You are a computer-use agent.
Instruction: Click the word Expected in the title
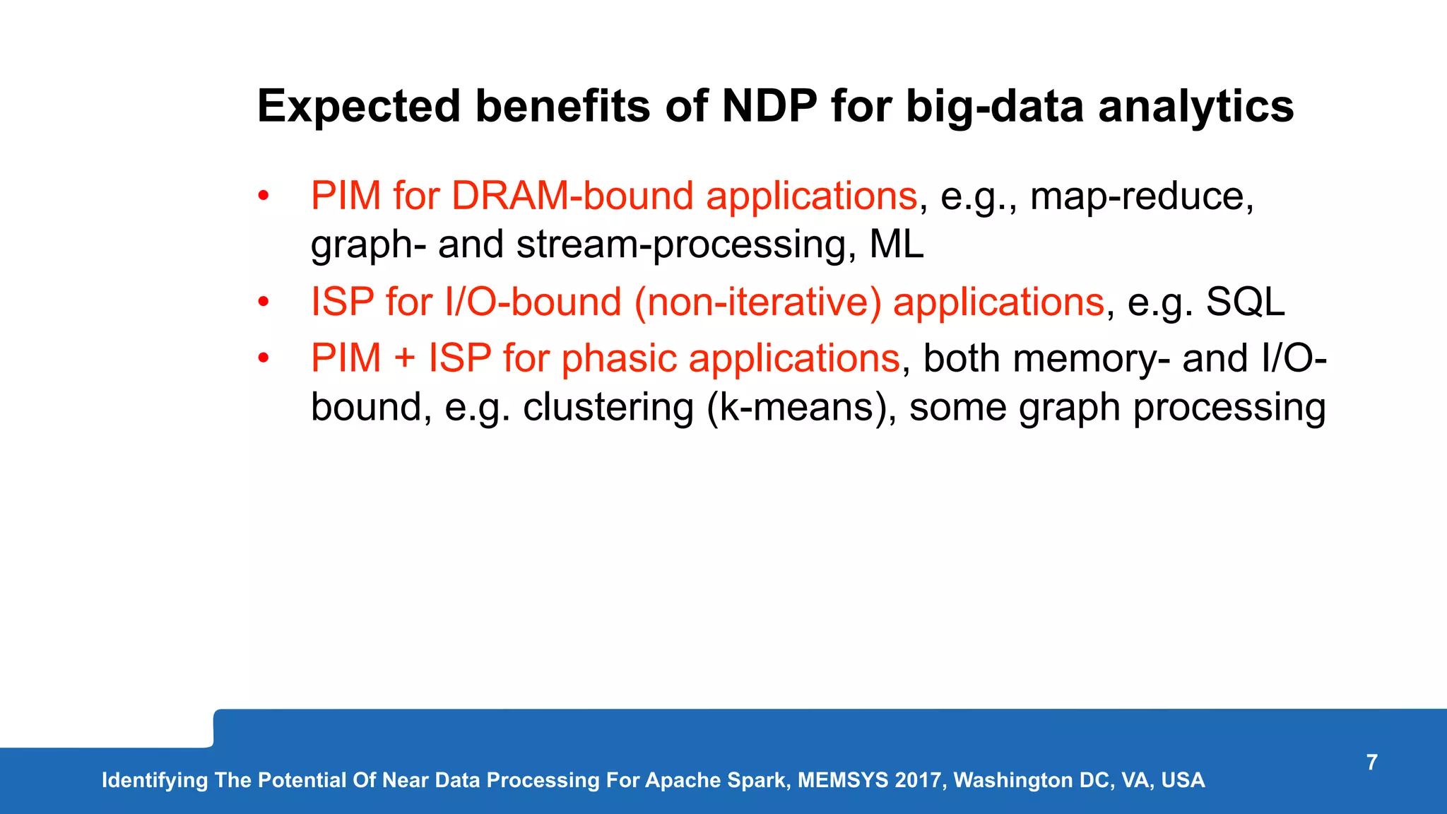click(x=358, y=107)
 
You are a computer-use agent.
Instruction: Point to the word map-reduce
click(x=1142, y=196)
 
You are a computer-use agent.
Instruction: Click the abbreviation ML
click(x=896, y=244)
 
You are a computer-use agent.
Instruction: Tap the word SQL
click(x=1245, y=302)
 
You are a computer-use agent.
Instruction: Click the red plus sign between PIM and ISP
click(x=405, y=358)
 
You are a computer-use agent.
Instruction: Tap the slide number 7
click(x=1371, y=762)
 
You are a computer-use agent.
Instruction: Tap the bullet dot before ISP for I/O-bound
click(x=264, y=302)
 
